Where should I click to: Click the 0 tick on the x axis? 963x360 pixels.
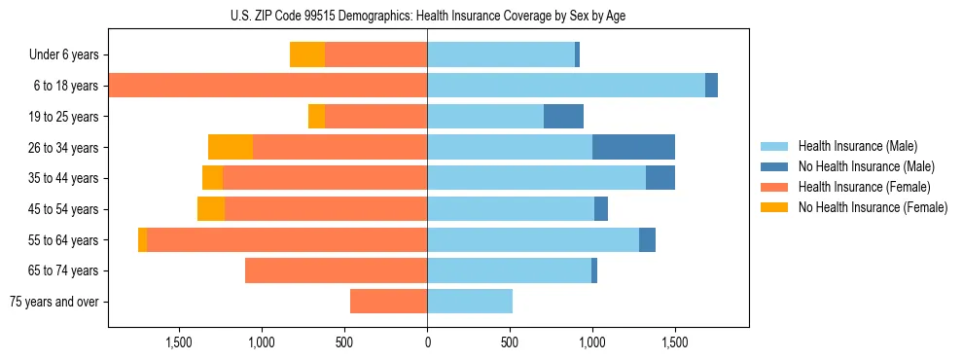(x=427, y=342)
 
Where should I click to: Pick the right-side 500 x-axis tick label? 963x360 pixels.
(x=510, y=342)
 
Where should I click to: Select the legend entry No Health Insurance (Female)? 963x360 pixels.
(x=873, y=207)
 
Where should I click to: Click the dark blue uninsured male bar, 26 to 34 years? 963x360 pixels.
(x=633, y=147)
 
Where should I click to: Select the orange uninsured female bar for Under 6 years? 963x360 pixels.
(x=307, y=55)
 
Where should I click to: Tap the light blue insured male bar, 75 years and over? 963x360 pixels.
(x=470, y=302)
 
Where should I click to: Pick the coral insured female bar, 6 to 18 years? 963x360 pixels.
(x=268, y=86)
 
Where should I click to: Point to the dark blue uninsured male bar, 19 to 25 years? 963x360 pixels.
(x=563, y=117)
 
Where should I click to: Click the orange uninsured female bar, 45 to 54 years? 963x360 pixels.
(x=211, y=209)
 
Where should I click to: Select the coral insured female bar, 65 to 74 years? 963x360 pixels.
(x=336, y=270)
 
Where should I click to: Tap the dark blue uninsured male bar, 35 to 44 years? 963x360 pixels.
(x=660, y=178)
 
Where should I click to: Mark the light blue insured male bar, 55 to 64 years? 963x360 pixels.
(x=533, y=239)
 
